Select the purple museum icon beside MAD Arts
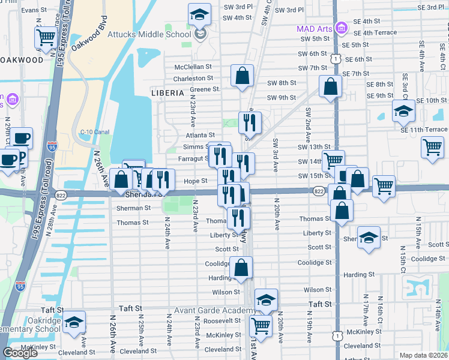342,28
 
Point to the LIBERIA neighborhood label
167,93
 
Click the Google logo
20,353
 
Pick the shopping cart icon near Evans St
46,37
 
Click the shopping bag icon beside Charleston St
242,76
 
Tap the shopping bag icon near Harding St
241,268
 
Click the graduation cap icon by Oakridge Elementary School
74,322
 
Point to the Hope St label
196,181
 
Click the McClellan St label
193,67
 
